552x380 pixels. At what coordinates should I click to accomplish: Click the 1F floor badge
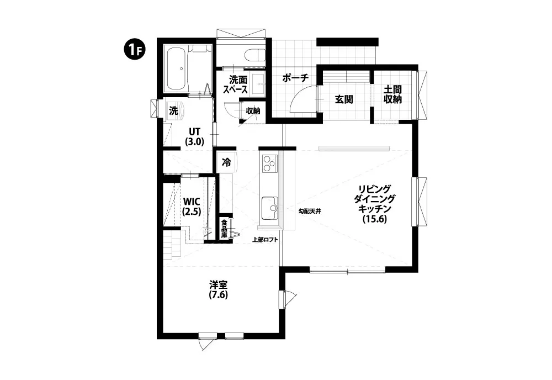tap(134, 50)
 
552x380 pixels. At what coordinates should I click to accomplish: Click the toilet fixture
tap(255, 55)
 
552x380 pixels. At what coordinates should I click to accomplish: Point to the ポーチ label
tap(295, 78)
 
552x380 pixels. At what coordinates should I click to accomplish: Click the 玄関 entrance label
tap(343, 99)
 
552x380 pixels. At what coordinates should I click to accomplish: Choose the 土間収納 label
tap(392, 94)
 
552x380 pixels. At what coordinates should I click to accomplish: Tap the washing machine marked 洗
tap(174, 110)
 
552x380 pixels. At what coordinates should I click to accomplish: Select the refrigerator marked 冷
tap(227, 162)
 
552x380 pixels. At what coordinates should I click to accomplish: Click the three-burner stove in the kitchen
tap(269, 163)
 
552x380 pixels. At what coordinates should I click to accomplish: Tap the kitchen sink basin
tap(270, 208)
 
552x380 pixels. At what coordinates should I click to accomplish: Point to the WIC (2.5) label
tap(192, 207)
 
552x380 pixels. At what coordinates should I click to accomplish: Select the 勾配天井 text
tap(310, 212)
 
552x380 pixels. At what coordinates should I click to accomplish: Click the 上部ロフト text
tap(266, 240)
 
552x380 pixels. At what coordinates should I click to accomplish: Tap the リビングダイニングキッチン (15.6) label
tap(374, 204)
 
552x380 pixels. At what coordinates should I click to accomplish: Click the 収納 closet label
tap(253, 110)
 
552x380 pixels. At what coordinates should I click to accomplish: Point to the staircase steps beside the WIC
tap(172, 245)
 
